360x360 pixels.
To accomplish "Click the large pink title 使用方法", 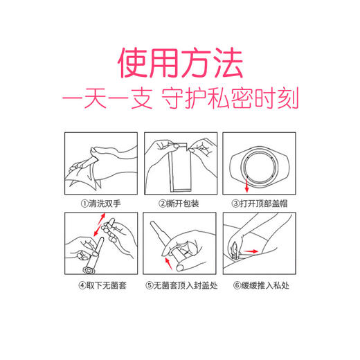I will (x=180, y=63).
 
